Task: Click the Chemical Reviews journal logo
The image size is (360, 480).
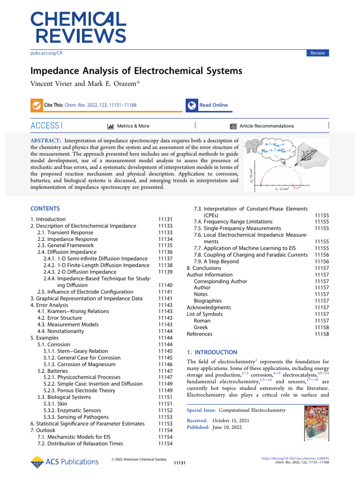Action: click(x=79, y=27)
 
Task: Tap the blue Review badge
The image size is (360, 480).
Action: click(x=317, y=53)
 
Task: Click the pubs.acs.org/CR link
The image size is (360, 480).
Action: click(x=46, y=53)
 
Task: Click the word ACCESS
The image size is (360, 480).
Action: click(x=45, y=126)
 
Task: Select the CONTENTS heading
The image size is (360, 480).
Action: click(x=45, y=208)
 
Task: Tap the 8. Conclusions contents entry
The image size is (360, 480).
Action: click(x=204, y=268)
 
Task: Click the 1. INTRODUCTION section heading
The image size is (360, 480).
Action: click(x=212, y=352)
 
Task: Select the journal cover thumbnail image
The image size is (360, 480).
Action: click(x=317, y=424)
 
